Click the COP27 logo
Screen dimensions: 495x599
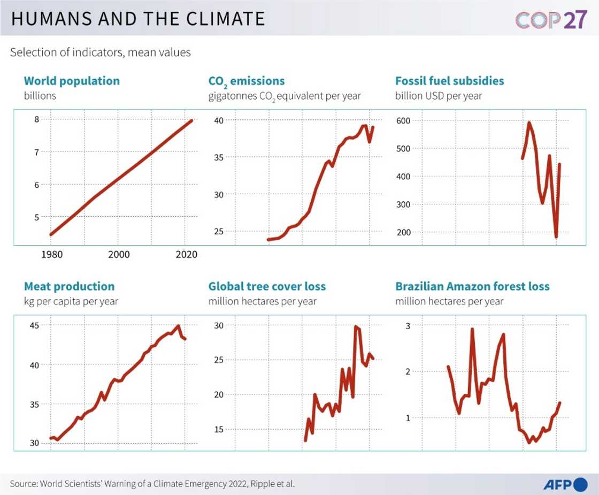point(551,19)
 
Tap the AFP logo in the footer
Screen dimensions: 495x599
point(565,484)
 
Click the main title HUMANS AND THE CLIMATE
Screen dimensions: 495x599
point(138,19)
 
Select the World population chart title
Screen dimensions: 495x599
point(72,81)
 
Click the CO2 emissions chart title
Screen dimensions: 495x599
point(246,81)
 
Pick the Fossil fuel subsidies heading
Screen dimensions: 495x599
point(449,81)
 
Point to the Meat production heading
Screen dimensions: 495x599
point(69,286)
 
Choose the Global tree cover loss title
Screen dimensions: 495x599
point(267,286)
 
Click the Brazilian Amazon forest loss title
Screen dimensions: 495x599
point(472,286)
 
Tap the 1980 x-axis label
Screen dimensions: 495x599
point(52,255)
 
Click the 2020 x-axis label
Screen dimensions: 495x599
point(186,255)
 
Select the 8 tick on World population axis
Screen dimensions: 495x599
point(36,119)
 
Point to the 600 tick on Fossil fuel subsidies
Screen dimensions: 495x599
point(404,120)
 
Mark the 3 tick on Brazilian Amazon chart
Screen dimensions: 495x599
point(408,325)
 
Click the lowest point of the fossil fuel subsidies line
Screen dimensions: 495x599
point(556,237)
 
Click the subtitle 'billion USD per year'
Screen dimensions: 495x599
point(439,96)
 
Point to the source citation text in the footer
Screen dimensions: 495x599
point(152,484)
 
